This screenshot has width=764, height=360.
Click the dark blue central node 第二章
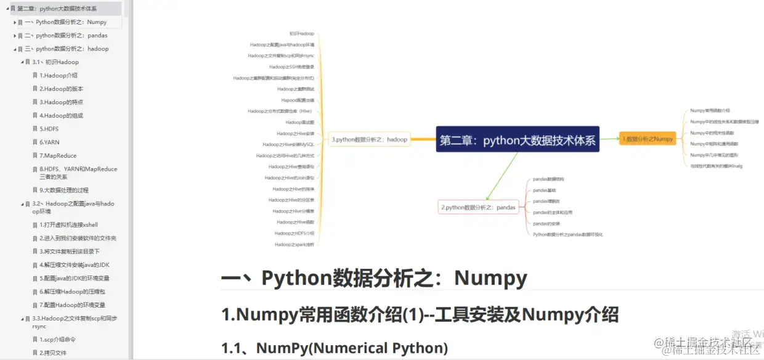coord(518,140)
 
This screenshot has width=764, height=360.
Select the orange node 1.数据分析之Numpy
coord(648,139)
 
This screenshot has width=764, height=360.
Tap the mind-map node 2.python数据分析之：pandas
coord(477,207)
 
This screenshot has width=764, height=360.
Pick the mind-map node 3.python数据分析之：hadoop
coord(369,139)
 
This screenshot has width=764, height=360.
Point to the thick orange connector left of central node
coord(423,139)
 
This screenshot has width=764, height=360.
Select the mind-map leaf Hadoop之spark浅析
coord(295,244)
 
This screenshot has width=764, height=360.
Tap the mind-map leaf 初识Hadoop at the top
coord(302,33)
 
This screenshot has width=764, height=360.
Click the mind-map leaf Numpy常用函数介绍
coord(710,110)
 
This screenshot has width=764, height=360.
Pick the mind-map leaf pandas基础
coord(544,190)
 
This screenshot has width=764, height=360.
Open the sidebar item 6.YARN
coord(50,142)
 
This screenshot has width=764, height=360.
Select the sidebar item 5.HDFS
coord(50,129)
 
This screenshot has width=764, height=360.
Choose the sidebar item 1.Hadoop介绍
coord(59,76)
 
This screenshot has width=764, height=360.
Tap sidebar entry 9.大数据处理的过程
coord(68,190)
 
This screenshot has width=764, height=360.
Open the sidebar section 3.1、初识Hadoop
coord(55,62)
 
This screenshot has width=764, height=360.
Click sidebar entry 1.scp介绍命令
coord(58,340)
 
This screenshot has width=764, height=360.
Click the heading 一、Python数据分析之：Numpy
coord(374,279)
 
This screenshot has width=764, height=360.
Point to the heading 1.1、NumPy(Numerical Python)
coord(335,348)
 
